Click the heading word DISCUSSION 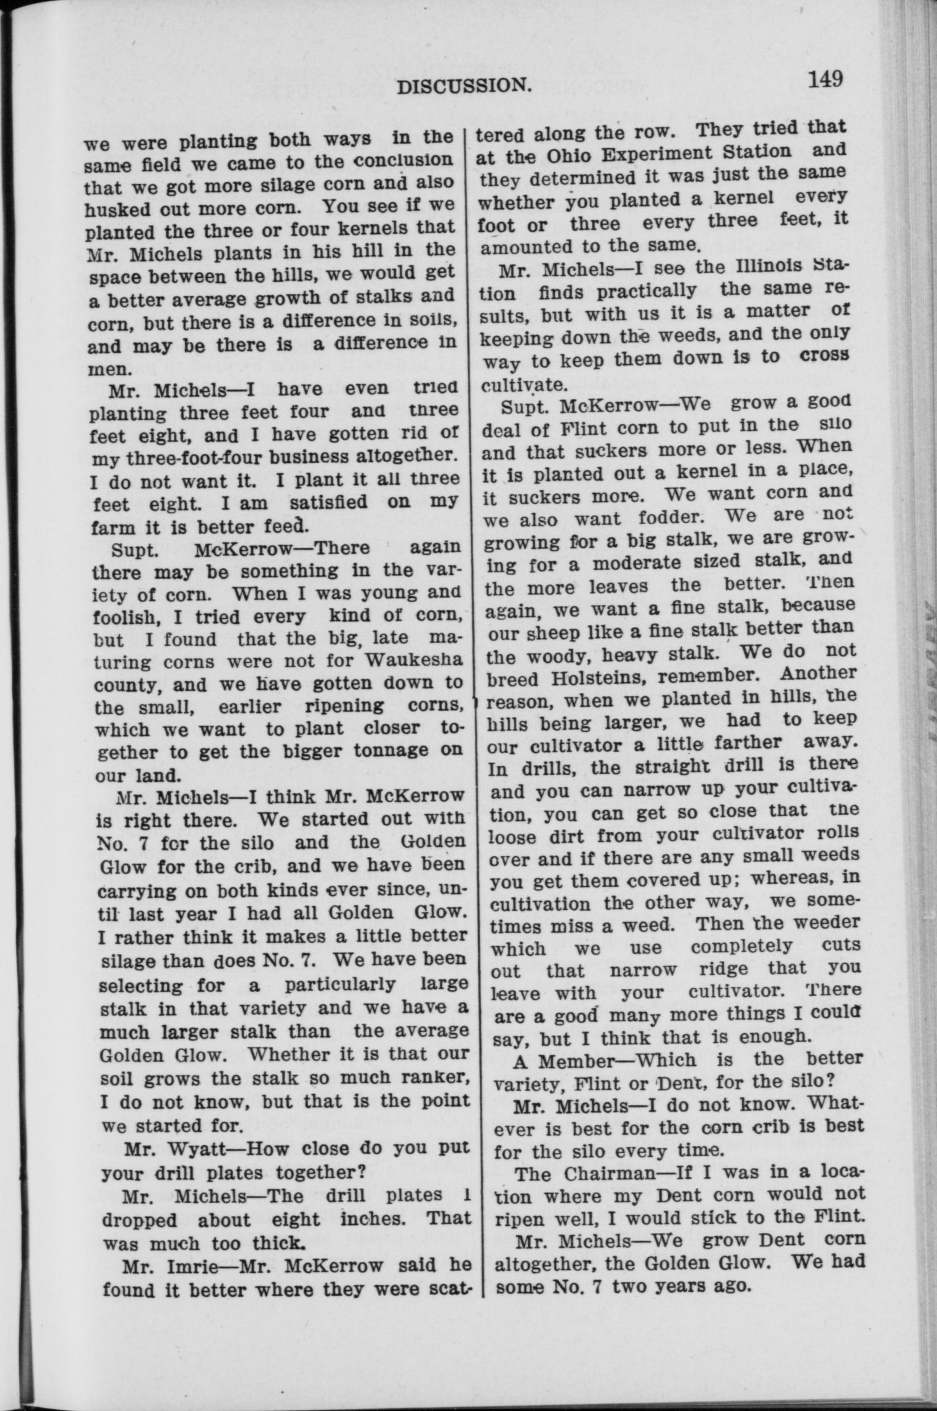coord(465,87)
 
